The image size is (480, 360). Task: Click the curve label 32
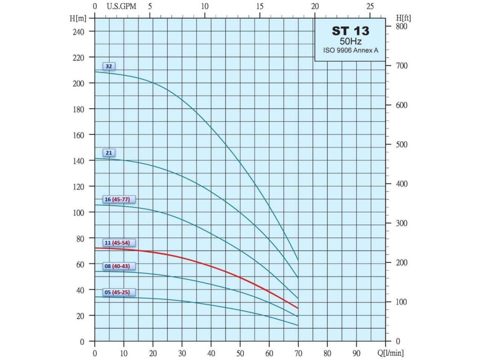109,66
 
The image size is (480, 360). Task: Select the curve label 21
109,153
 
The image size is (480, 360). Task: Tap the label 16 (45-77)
119,199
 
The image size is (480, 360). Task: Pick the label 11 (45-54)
119,243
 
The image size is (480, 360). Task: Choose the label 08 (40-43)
119,266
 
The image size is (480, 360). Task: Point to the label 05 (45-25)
119,292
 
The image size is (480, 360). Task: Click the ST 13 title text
350,31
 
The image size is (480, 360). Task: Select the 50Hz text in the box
350,41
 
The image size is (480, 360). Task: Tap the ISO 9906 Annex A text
350,50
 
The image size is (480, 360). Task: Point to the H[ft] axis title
403,17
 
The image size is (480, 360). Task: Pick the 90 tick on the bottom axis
356,352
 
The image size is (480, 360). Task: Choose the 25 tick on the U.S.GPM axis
370,7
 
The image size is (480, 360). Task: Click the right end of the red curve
298,308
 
